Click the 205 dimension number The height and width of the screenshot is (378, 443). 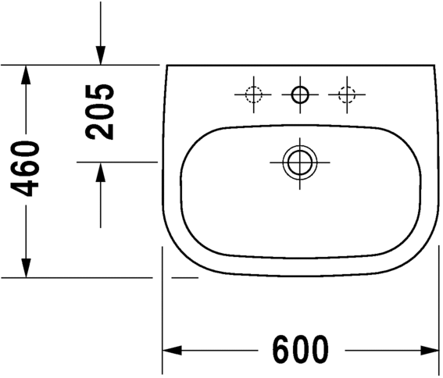pyautogui.click(x=101, y=111)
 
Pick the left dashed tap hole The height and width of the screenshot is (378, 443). pyautogui.click(x=252, y=95)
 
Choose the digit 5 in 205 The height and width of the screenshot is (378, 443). pyautogui.click(x=101, y=91)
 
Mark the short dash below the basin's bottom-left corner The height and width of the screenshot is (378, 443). pyautogui.click(x=185, y=276)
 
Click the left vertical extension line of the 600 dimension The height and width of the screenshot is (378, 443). pyautogui.click(x=162, y=312)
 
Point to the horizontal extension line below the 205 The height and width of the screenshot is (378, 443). pyautogui.click(x=117, y=162)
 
